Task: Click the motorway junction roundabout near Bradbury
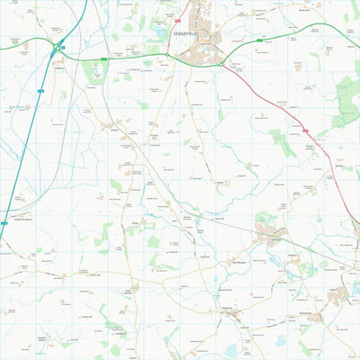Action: click(58, 47)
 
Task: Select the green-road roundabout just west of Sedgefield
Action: click(166, 57)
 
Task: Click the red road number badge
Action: click(304, 130)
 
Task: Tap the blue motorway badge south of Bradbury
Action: click(41, 91)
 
